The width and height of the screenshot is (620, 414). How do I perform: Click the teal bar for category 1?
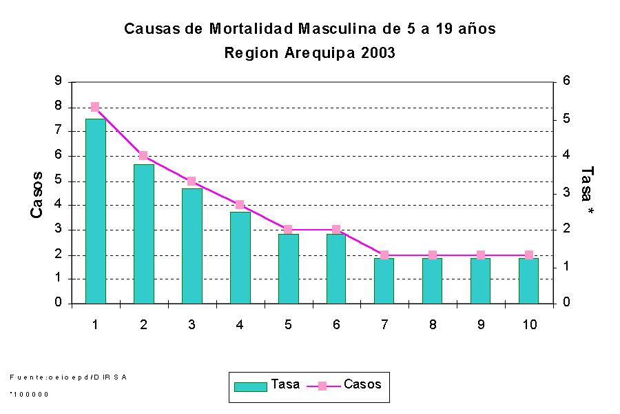click(x=95, y=210)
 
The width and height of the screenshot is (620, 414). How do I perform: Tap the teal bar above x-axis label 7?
click(x=384, y=280)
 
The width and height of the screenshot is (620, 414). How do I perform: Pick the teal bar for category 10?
click(x=528, y=280)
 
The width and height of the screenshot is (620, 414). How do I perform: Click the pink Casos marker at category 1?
click(x=95, y=107)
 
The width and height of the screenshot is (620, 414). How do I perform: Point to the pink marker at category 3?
click(x=192, y=181)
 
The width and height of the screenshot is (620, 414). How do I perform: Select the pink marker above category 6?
click(x=336, y=230)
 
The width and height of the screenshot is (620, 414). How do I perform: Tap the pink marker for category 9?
click(x=481, y=255)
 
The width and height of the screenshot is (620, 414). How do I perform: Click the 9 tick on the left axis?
click(x=58, y=81)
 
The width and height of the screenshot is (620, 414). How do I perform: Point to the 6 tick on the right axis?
click(x=567, y=81)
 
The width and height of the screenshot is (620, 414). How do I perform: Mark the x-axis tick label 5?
click(x=288, y=324)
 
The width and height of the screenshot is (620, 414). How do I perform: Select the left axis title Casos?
click(x=37, y=195)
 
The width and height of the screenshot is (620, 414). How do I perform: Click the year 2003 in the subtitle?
click(x=378, y=53)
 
